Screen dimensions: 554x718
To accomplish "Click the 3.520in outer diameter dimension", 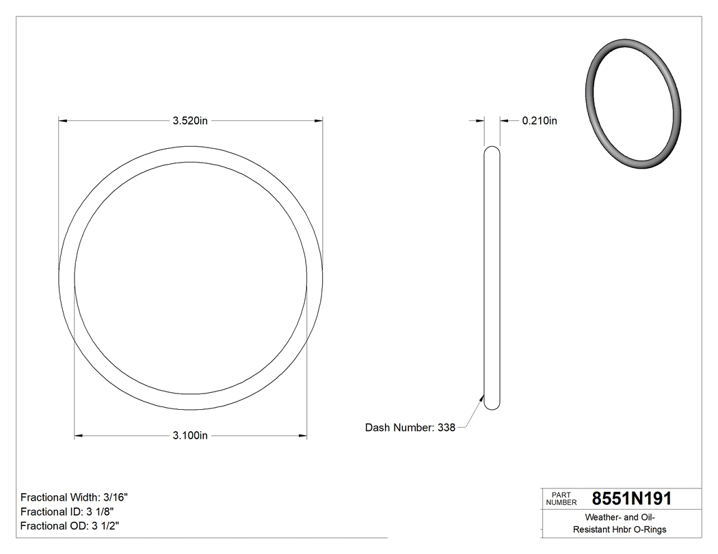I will pos(190,121).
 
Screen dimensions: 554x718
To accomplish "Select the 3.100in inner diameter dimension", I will pos(190,435).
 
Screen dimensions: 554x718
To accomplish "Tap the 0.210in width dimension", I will pos(540,121).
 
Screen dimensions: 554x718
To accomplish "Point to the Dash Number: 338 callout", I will pos(410,428).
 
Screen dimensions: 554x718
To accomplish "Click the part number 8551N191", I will pos(631,499).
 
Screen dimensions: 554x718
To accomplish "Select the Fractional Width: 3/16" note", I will pos(75,497).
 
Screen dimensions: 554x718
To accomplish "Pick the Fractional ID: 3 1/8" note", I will pos(67,512).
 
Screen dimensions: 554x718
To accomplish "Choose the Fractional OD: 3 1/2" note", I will pos(70,526).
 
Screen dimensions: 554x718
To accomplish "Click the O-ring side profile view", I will pos(492,278).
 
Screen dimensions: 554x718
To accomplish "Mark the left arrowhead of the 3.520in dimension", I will pos(63,121).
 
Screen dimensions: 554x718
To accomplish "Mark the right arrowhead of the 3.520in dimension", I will pos(318,121).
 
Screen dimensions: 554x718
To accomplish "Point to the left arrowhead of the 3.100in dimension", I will pos(78,435).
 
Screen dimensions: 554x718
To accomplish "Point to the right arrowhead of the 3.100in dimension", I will pos(303,435).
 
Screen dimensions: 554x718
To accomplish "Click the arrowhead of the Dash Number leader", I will pos(482,398).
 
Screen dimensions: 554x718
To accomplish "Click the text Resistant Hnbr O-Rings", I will pos(620,529).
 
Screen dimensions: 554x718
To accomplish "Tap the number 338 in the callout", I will pos(447,428).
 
